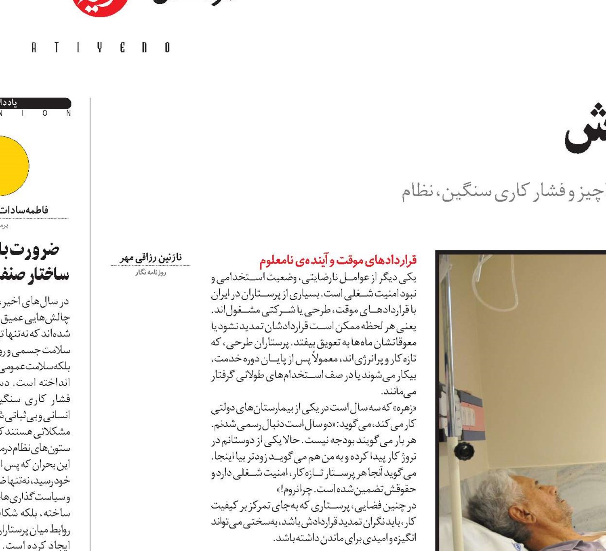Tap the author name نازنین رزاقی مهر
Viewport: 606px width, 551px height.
(151, 258)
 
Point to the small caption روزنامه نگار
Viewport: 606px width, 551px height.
(151, 273)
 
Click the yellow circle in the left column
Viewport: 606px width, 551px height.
(12, 166)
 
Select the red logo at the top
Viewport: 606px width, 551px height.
(101, 6)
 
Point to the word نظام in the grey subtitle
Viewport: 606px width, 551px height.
(412, 191)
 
